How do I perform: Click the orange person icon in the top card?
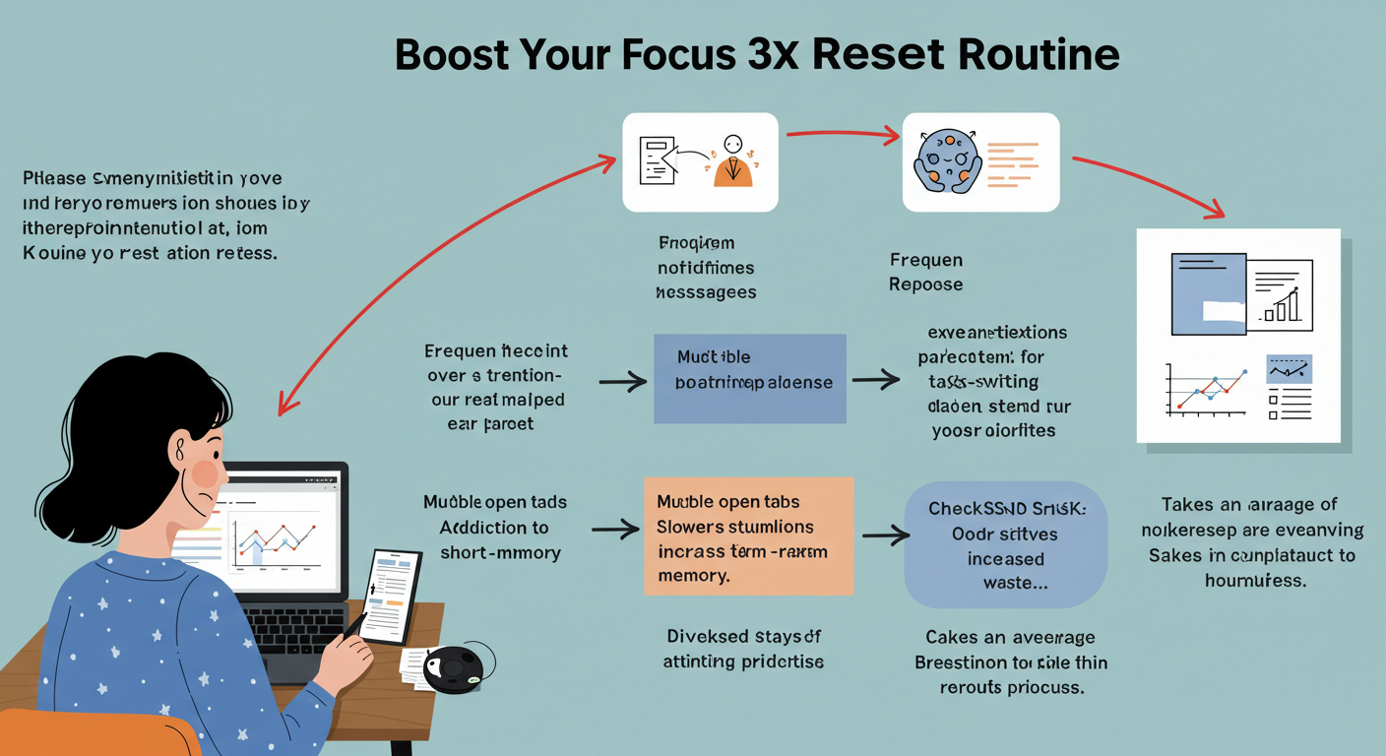pos(731,160)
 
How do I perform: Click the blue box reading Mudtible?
pos(749,378)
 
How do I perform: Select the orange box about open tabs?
pos(748,535)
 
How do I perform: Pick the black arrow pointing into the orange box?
pos(616,531)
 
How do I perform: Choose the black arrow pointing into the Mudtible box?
pos(623,380)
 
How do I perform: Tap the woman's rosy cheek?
pos(205,473)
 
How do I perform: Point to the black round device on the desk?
pos(454,669)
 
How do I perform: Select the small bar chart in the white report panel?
pos(1281,305)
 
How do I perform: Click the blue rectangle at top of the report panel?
pos(1208,291)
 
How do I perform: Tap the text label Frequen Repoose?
pos(925,272)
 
